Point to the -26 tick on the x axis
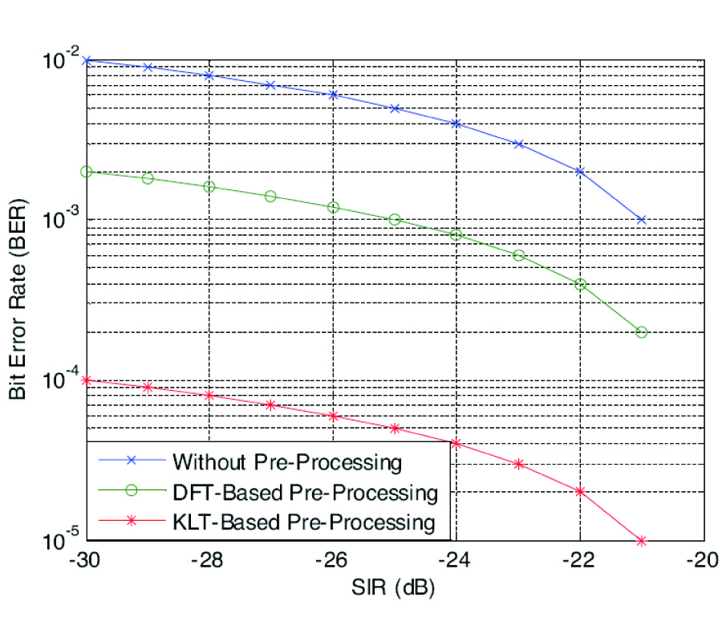[333, 559]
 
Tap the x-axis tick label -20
[704, 559]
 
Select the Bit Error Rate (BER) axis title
[18, 299]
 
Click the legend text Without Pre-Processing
[286, 462]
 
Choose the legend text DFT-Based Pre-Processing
[305, 492]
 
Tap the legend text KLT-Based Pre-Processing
[303, 522]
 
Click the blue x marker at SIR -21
[642, 220]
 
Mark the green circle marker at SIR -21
[642, 332]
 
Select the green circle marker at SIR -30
[87, 172]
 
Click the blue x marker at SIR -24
[456, 124]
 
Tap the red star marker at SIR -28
[209, 396]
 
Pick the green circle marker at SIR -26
[333, 207]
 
